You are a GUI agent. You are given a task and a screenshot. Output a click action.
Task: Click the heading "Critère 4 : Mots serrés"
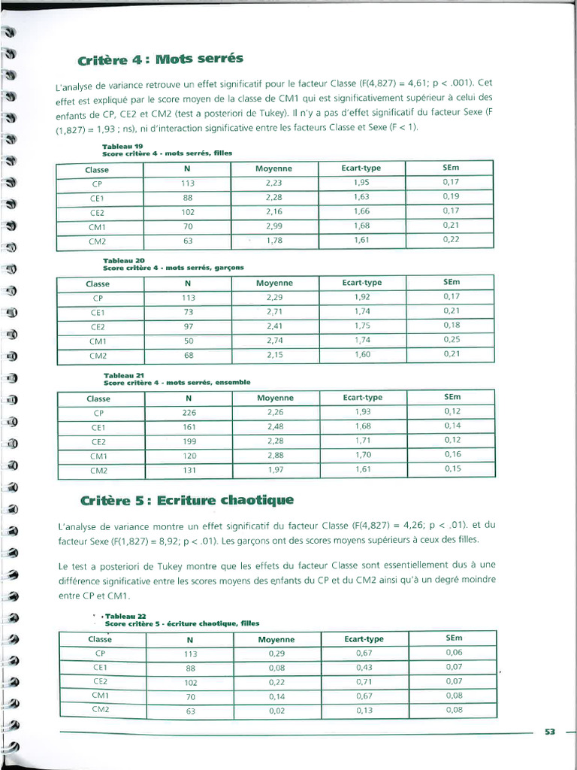(x=161, y=59)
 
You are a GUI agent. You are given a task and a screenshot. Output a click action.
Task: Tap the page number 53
(x=549, y=732)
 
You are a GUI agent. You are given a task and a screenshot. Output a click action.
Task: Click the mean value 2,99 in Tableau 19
(x=274, y=226)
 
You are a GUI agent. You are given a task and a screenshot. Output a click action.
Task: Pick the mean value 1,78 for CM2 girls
(x=274, y=240)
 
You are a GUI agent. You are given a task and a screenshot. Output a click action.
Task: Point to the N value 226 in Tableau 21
(x=189, y=412)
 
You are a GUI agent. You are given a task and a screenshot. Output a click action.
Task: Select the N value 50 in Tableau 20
(x=187, y=341)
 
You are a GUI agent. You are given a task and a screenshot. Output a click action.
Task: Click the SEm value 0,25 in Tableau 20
(x=452, y=340)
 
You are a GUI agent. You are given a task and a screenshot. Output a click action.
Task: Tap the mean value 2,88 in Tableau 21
(x=276, y=455)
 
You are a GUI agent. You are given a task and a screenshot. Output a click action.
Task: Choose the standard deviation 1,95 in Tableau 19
(x=361, y=182)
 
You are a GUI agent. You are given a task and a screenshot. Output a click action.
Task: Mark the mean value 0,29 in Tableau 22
(x=276, y=653)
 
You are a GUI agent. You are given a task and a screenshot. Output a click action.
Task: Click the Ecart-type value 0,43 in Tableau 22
(x=364, y=668)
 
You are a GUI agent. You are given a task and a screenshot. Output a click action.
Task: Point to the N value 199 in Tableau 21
(x=189, y=441)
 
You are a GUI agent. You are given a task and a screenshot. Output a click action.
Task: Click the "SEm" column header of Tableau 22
(x=454, y=638)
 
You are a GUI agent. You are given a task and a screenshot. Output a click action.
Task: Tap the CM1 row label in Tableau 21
(x=99, y=456)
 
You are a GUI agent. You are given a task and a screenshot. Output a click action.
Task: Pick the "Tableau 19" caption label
(x=117, y=146)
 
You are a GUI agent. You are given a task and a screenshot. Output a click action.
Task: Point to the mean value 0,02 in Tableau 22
(x=276, y=711)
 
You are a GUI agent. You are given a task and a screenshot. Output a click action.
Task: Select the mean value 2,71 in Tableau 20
(x=275, y=311)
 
